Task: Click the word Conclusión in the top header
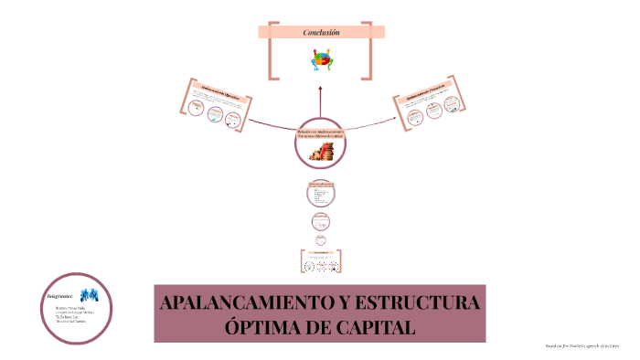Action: point(321,33)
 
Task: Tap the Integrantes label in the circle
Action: point(61,295)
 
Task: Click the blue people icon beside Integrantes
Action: point(89,295)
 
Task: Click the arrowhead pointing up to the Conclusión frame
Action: point(320,89)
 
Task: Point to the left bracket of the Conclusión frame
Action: point(272,51)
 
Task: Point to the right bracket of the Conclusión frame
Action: point(368,51)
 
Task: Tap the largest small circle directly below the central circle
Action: point(320,194)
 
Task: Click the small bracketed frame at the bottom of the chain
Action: point(320,260)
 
